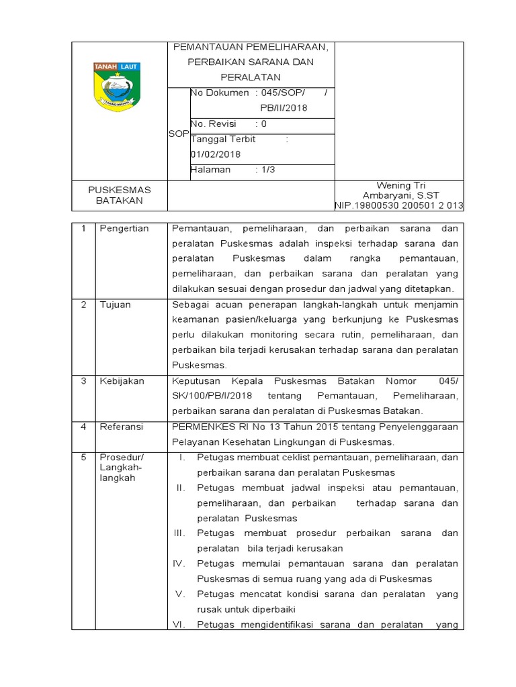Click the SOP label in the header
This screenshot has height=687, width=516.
(x=178, y=134)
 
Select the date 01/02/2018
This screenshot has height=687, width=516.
(x=216, y=154)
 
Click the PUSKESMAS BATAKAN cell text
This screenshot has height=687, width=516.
(x=120, y=195)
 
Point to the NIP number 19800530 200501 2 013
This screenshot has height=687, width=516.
(x=399, y=205)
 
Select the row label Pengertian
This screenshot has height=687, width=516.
(x=124, y=228)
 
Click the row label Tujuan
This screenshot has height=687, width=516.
(x=115, y=305)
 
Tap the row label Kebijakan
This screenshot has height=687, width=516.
(x=122, y=380)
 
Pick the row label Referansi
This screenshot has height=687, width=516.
(x=122, y=427)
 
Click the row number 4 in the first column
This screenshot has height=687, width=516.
(x=83, y=427)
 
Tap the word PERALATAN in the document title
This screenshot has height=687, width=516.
(x=250, y=77)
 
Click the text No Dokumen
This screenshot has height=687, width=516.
(x=220, y=93)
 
